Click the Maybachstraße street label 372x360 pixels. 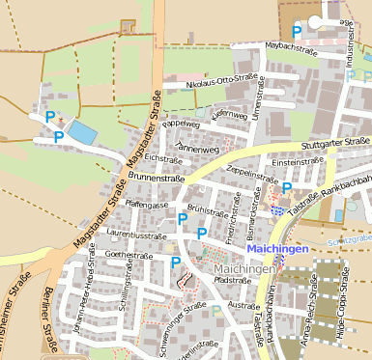coord(292,45)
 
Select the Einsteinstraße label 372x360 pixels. coord(295,162)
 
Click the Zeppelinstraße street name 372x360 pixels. coord(252,179)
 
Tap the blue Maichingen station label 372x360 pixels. coord(276,248)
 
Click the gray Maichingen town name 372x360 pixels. coord(244,268)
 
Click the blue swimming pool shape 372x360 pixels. coord(82,133)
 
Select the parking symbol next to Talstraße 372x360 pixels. coord(287,187)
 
